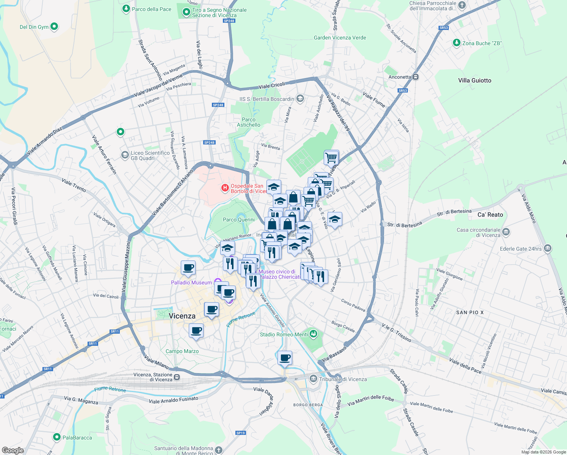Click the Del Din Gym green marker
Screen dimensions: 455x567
pyautogui.click(x=54, y=27)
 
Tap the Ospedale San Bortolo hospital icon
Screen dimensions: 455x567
pyautogui.click(x=225, y=188)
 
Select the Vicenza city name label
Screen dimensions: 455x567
pyautogui.click(x=182, y=316)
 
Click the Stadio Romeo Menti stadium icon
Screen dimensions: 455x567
pyautogui.click(x=313, y=334)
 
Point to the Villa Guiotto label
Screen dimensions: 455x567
pyautogui.click(x=475, y=80)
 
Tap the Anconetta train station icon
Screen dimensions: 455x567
pyautogui.click(x=416, y=77)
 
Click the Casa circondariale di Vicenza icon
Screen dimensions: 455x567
pyautogui.click(x=506, y=232)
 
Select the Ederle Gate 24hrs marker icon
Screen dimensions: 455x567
pyautogui.click(x=547, y=249)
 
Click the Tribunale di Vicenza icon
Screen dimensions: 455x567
pyautogui.click(x=313, y=379)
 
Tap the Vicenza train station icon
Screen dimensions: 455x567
pyautogui.click(x=177, y=377)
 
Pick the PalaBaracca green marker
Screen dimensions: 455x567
pyautogui.click(x=57, y=437)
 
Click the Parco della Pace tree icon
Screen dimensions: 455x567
pyautogui.click(x=126, y=9)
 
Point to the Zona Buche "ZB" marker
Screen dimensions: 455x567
pyautogui.click(x=457, y=43)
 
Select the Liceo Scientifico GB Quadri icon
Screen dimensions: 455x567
pyautogui.click(x=125, y=155)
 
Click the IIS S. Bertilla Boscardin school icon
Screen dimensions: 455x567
pyautogui.click(x=300, y=99)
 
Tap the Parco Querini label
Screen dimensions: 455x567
pyautogui.click(x=239, y=220)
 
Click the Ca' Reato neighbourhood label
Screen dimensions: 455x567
pyautogui.click(x=490, y=215)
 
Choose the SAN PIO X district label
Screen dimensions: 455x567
pyautogui.click(x=470, y=312)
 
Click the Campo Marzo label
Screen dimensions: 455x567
pyautogui.click(x=182, y=351)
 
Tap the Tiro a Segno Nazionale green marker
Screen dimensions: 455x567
pyautogui.click(x=186, y=13)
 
